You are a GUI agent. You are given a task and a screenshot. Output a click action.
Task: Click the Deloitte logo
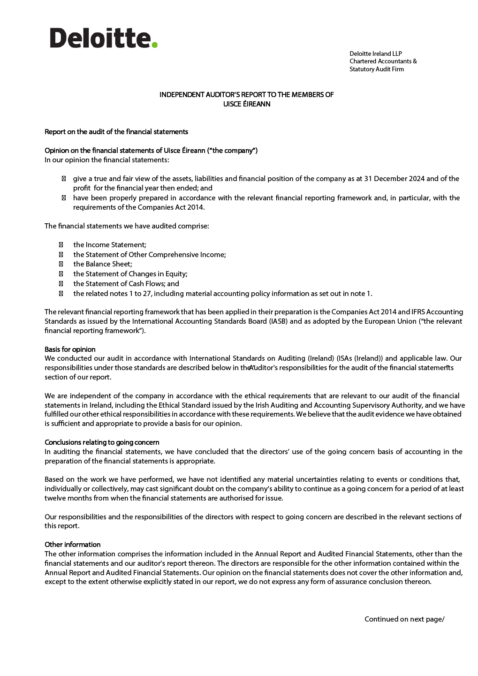(103, 38)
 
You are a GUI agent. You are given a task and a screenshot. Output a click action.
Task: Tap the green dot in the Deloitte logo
(154, 45)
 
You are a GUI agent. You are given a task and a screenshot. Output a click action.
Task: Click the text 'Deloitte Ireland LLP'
(375, 53)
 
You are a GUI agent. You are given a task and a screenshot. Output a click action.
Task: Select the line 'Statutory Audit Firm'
(376, 69)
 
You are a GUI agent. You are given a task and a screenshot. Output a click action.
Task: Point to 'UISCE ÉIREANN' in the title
(246, 104)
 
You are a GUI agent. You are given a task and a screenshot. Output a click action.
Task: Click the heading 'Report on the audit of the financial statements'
(116, 132)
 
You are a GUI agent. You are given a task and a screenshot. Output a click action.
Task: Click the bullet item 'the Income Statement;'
(109, 245)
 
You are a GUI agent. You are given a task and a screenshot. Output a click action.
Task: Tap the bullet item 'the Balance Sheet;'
(102, 264)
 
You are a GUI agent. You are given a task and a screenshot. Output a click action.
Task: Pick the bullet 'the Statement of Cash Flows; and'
(126, 284)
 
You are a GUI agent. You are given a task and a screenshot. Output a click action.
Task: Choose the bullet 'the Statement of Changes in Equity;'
(130, 274)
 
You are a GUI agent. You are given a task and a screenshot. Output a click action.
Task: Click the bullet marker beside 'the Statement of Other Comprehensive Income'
(61, 255)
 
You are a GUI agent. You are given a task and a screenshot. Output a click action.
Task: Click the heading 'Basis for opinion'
(70, 349)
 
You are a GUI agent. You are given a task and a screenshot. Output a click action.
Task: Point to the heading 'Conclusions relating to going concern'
(102, 442)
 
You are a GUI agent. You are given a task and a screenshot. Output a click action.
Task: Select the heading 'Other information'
(72, 545)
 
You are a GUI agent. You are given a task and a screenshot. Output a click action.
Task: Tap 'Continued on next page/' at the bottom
(404, 619)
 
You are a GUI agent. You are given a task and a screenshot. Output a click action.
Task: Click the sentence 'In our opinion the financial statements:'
(106, 160)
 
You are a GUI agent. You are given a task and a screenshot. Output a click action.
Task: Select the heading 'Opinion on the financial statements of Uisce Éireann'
(151, 151)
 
